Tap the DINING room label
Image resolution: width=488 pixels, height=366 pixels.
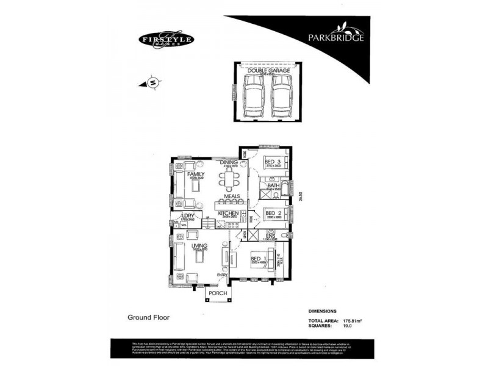pos(229,162)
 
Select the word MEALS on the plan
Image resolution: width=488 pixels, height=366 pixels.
pos(231,196)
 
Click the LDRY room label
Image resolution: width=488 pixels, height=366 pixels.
pos(187,215)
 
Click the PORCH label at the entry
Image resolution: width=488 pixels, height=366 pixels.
pos(218,293)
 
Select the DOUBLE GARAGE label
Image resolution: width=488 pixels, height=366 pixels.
pos(264,70)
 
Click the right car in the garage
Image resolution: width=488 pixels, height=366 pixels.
pos(279,96)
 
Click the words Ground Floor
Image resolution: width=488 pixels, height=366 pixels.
pos(148,317)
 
